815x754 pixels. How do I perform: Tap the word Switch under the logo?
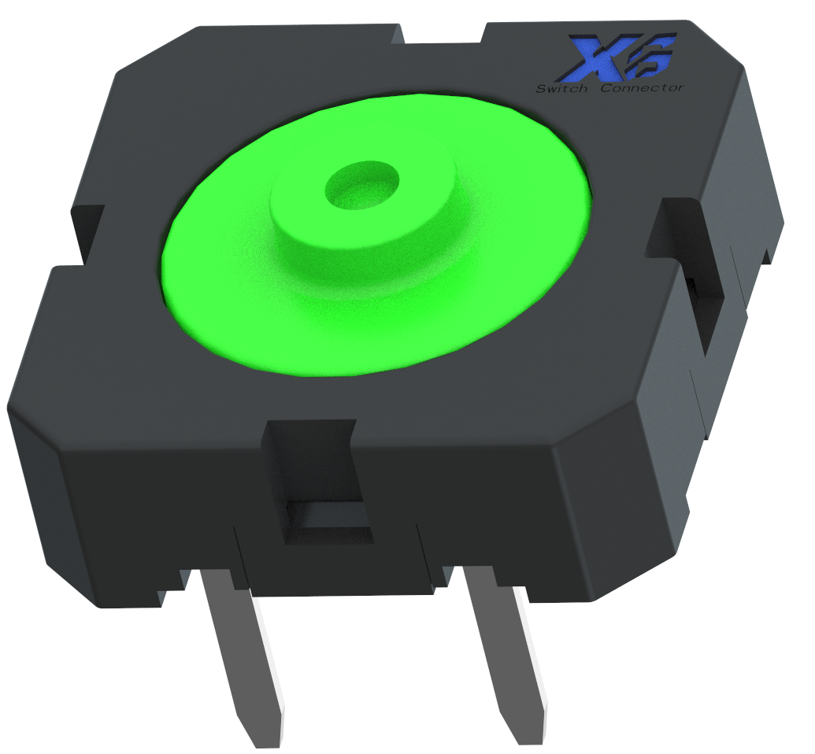coord(561,89)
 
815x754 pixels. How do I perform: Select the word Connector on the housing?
coord(642,87)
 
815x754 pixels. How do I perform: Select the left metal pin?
coord(237,653)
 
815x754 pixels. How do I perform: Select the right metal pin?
coord(504,653)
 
